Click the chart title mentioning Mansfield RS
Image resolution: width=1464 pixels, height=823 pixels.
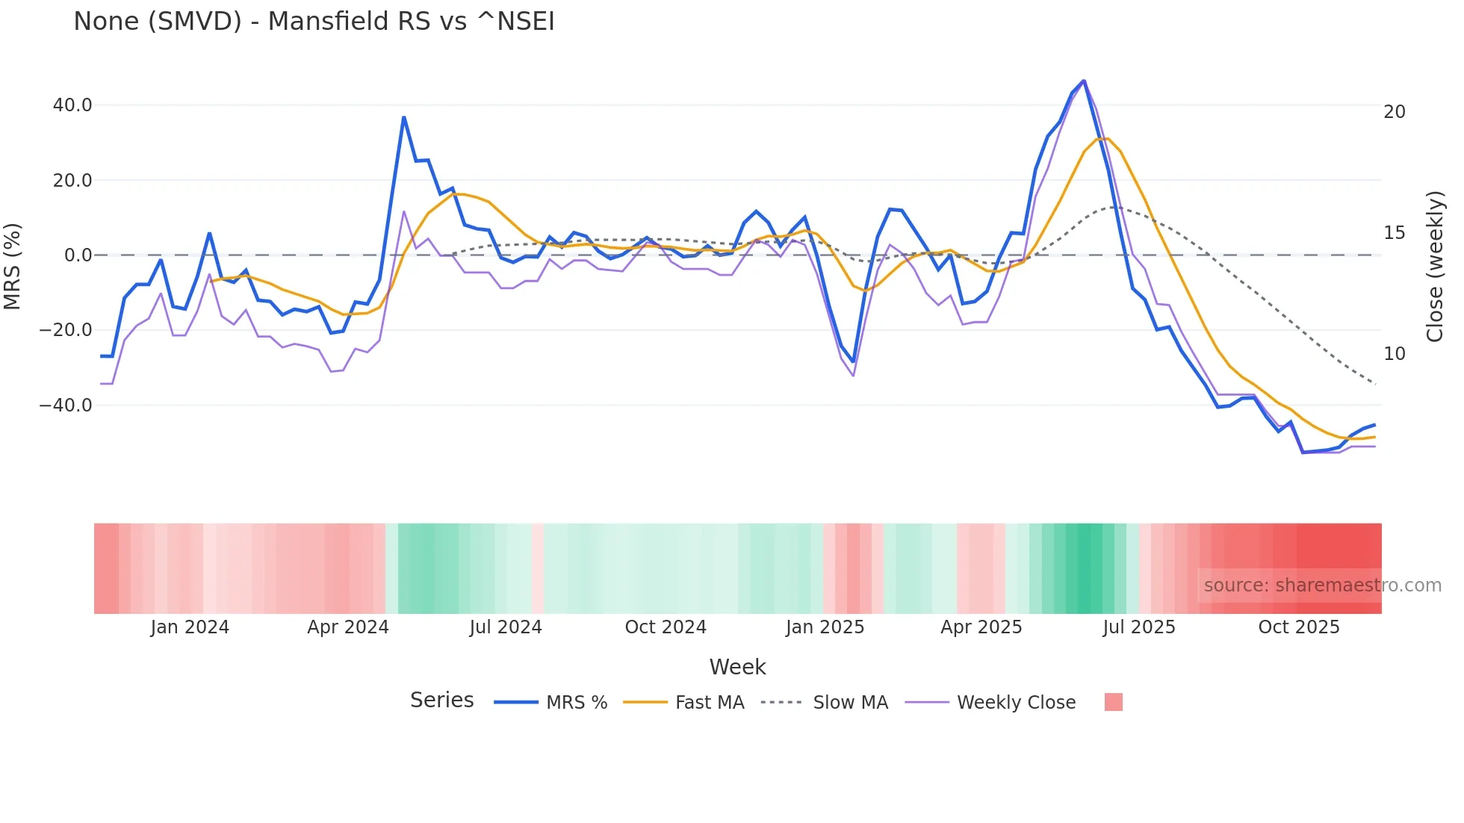[x=314, y=21]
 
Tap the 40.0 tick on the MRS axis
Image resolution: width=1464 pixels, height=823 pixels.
[x=72, y=105]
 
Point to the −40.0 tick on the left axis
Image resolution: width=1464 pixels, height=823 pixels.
[x=66, y=406]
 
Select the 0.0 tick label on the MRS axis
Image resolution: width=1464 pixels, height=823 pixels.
[x=78, y=255]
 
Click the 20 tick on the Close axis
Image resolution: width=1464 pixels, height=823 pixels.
[x=1394, y=112]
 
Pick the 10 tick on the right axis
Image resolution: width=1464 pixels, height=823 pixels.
[x=1394, y=354]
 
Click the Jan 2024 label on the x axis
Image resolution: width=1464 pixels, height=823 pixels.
[x=190, y=627]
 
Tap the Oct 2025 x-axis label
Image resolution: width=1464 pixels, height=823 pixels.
[x=1298, y=627]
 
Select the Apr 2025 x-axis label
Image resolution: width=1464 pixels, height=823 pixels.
[x=981, y=627]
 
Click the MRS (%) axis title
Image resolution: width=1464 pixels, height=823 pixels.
[x=13, y=266]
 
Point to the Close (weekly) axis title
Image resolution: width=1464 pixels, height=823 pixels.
[x=1434, y=266]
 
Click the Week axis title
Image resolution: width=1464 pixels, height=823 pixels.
[x=737, y=667]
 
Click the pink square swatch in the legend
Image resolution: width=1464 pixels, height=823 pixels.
[x=1113, y=702]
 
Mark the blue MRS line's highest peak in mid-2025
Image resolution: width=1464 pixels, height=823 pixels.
[x=1083, y=81]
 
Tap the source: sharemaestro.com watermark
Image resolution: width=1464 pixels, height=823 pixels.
[x=1322, y=586]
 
